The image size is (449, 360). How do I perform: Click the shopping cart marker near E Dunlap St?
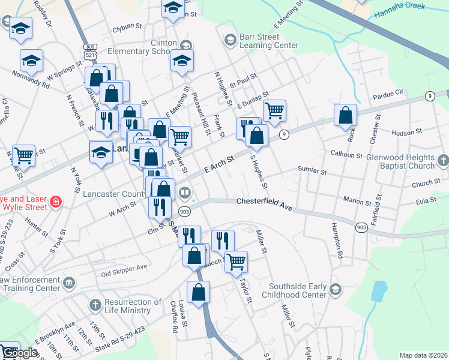(274, 110)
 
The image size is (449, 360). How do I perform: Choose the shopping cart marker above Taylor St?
(237, 261)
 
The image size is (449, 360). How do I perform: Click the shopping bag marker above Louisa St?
(199, 292)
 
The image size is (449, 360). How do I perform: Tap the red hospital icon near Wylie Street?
(56, 202)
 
